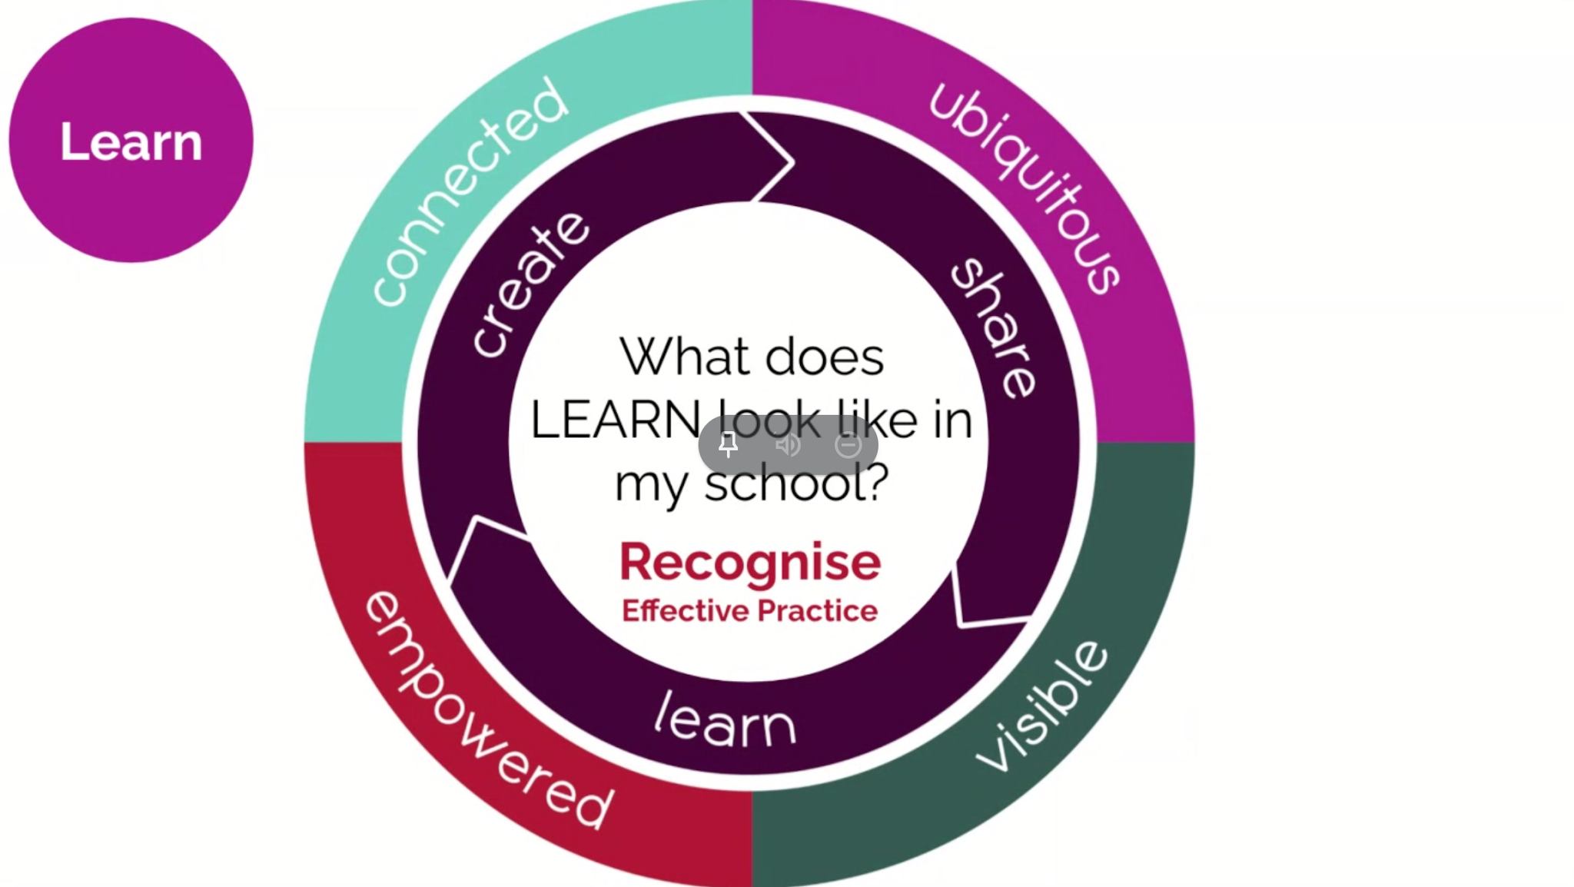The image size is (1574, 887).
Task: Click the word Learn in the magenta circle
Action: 131,142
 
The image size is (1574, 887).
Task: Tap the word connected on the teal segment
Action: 470,192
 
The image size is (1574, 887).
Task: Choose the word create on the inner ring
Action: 530,284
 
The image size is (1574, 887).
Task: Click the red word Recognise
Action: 750,562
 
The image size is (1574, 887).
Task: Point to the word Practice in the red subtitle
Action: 817,611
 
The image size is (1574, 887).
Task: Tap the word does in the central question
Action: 825,358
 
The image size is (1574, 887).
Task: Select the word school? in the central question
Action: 796,483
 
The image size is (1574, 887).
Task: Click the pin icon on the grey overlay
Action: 728,444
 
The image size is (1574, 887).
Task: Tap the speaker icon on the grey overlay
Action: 787,445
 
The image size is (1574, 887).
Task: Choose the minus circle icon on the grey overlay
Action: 848,445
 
